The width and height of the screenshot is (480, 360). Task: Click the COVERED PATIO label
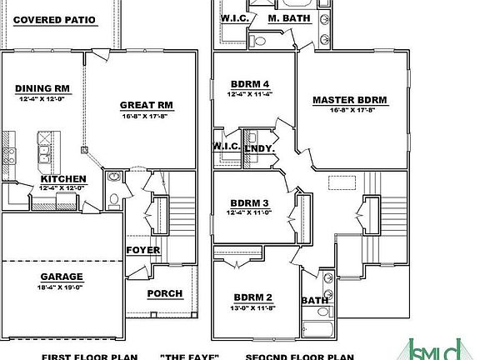(54, 19)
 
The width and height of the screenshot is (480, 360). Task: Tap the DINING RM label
(42, 87)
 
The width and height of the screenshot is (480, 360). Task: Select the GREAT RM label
(146, 105)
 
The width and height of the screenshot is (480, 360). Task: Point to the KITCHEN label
(62, 179)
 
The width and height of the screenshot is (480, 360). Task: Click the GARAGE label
(62, 277)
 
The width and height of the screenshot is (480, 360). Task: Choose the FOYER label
(143, 250)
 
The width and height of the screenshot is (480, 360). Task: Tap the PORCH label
(164, 293)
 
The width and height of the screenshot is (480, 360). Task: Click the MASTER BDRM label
(350, 100)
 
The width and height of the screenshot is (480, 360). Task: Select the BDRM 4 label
(250, 83)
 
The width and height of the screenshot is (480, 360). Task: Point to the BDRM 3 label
(250, 203)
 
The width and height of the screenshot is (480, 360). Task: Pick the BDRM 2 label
(252, 297)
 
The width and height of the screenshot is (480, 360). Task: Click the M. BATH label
(288, 17)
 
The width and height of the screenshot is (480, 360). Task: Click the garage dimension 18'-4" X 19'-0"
(62, 287)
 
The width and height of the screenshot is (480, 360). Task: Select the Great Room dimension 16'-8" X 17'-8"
(147, 116)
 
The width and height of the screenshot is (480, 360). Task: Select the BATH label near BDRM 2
(314, 301)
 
